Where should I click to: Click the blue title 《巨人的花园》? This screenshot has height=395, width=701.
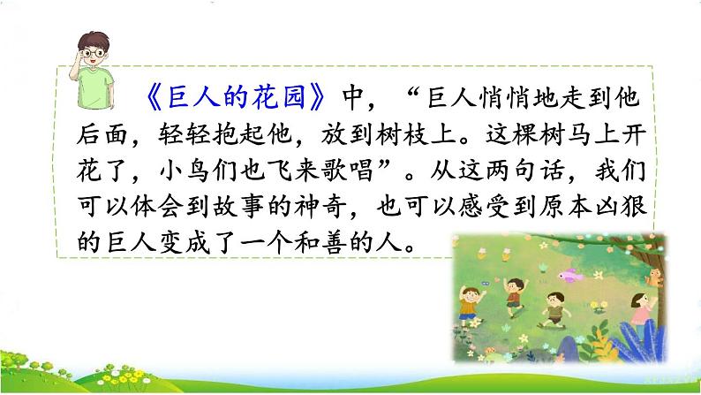click(x=236, y=97)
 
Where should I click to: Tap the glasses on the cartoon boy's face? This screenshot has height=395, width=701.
click(x=93, y=53)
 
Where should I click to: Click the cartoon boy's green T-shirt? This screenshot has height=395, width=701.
click(x=94, y=87)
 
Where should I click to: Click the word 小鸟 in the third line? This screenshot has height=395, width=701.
click(x=185, y=171)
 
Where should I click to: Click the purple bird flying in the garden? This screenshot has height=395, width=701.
click(x=570, y=274)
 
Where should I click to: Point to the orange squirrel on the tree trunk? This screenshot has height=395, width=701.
click(x=653, y=277)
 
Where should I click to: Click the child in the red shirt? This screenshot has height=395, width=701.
click(x=515, y=295)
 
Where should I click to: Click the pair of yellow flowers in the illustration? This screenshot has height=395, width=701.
click(x=599, y=307)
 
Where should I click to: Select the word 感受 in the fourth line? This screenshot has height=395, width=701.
click(x=485, y=207)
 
